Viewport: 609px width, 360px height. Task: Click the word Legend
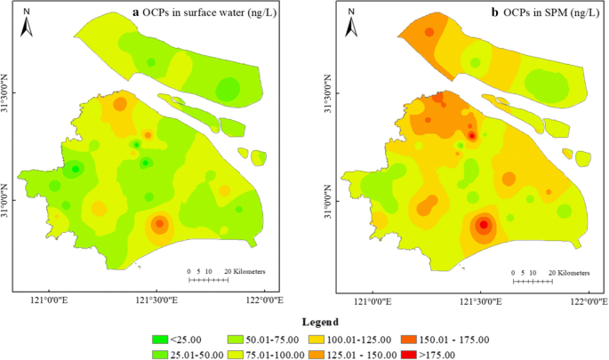click(303, 321)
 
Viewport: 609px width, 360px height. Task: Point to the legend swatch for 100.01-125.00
click(317, 339)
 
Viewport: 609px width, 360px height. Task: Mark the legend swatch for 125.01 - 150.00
click(317, 353)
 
